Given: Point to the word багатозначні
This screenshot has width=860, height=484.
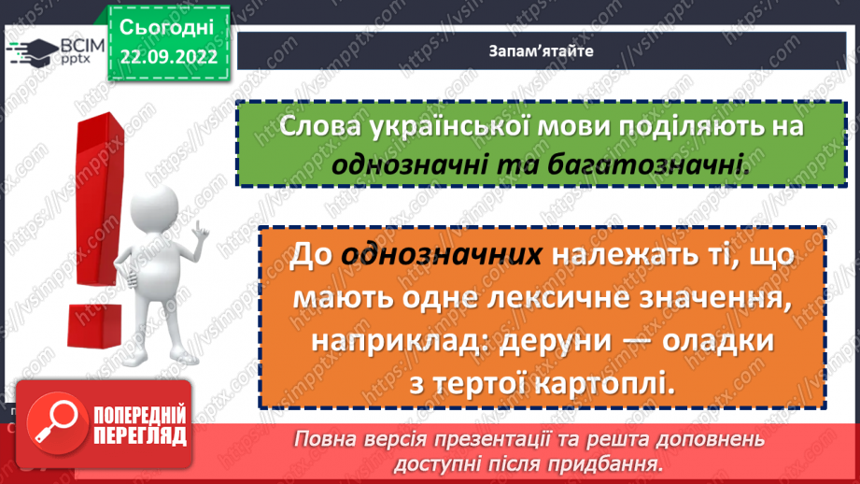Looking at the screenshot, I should (x=669, y=164).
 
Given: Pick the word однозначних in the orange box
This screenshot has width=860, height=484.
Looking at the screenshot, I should (x=443, y=254).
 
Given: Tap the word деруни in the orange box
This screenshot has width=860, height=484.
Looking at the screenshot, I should (x=558, y=343).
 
